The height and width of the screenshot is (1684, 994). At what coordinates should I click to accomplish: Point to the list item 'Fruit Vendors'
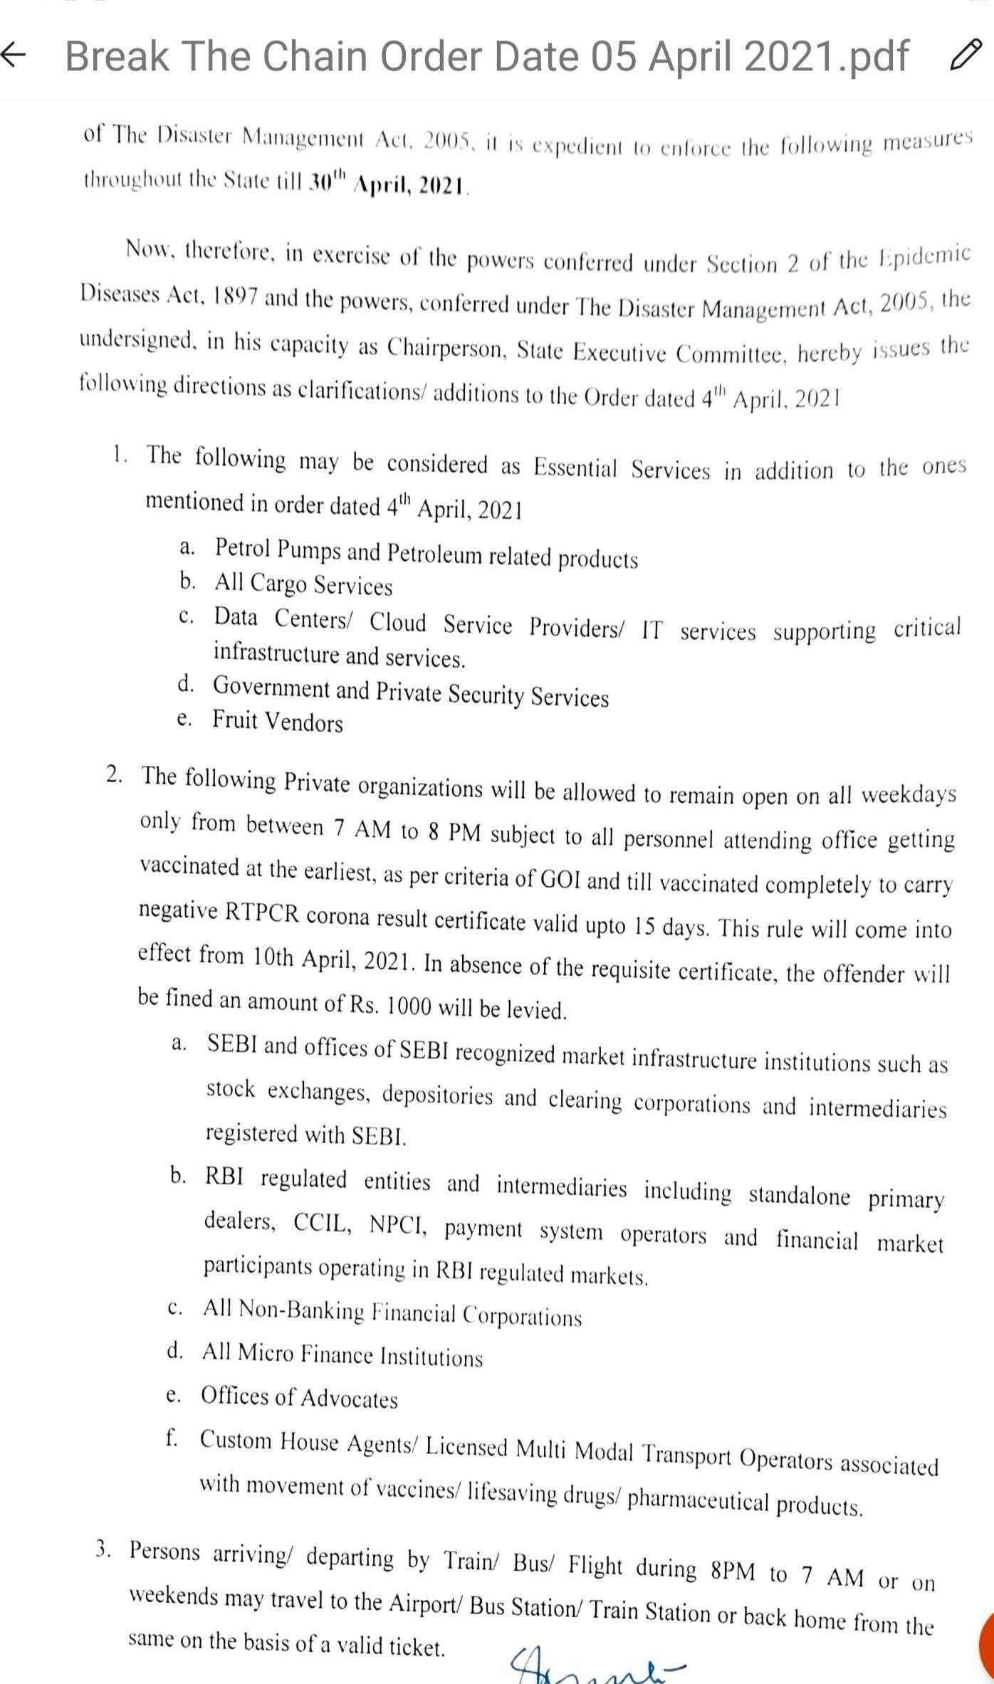[x=278, y=721]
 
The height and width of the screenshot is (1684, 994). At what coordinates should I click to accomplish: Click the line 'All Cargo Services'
[x=303, y=584]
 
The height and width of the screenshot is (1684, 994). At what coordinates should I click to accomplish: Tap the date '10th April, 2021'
[x=333, y=959]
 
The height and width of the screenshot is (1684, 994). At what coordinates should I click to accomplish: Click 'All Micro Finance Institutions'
[x=342, y=1355]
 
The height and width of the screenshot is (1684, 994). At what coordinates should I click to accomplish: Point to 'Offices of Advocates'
[x=299, y=1398]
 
